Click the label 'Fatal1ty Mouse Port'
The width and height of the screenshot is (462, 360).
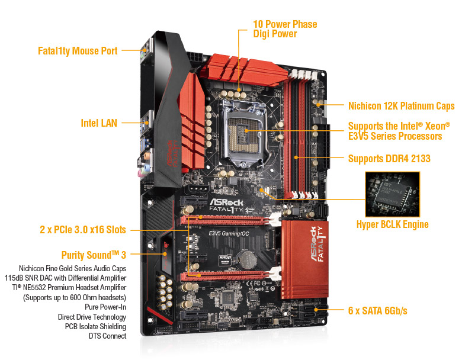(78, 51)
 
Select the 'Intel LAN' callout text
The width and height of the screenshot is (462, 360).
(99, 123)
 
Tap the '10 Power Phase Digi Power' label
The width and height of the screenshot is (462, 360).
(285, 29)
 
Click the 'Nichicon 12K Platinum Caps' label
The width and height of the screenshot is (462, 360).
(402, 106)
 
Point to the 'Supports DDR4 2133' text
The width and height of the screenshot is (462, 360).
(389, 159)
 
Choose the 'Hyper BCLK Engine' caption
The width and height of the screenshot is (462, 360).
(393, 224)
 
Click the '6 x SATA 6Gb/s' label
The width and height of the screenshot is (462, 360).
(378, 310)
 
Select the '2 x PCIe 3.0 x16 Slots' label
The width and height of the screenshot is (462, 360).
(83, 230)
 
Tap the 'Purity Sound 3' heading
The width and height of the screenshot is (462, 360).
(94, 255)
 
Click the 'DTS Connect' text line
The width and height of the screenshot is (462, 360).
(107, 336)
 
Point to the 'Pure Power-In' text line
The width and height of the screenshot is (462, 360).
(105, 307)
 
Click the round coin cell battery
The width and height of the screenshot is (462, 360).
(247, 259)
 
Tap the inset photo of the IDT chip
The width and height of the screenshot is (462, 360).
(393, 194)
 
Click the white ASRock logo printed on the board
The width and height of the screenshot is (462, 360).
(226, 202)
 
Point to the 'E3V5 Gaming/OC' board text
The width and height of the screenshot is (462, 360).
(229, 233)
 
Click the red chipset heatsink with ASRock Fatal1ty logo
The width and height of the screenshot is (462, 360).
(304, 259)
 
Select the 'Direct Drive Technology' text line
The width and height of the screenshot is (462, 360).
(92, 317)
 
